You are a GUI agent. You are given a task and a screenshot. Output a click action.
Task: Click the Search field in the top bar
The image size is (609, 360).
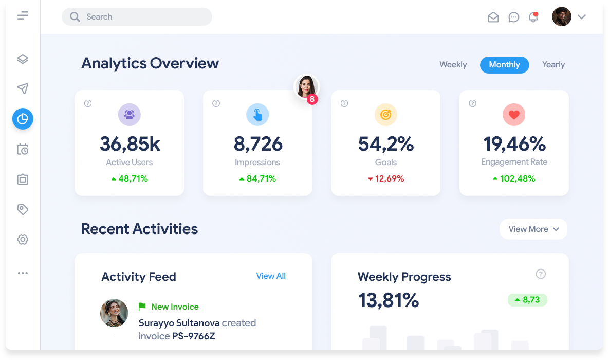137,17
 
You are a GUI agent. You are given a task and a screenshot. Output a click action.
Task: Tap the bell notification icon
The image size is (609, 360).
533,17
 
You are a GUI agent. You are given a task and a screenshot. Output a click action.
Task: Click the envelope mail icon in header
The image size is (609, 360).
493,17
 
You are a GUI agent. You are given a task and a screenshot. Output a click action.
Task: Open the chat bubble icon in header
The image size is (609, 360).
513,17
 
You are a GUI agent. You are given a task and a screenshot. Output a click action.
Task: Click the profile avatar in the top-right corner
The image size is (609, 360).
562,16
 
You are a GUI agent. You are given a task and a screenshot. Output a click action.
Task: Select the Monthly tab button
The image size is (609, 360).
504,65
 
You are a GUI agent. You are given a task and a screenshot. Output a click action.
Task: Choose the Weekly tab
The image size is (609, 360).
453,65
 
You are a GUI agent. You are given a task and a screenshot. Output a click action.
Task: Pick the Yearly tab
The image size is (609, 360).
553,65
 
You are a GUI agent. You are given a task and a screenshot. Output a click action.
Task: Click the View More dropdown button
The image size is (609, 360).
533,229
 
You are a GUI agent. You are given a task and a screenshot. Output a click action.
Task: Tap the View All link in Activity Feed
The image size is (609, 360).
271,276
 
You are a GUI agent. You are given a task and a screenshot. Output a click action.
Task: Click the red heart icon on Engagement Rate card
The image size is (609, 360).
514,115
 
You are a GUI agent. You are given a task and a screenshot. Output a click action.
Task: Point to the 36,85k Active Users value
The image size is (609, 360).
130,144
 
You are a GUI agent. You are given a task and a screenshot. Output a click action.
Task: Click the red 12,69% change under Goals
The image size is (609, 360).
386,179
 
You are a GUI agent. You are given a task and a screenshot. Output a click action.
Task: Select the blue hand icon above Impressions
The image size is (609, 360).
257,115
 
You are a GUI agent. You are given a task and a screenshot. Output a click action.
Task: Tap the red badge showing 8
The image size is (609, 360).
312,99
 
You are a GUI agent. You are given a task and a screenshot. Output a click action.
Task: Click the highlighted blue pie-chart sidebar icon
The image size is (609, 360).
23,119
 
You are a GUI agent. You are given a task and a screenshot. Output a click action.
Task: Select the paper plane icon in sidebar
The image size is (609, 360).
23,89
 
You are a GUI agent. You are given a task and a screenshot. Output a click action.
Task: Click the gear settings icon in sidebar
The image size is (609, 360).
23,239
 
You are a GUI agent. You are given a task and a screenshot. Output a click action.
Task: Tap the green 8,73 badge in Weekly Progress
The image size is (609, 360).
527,300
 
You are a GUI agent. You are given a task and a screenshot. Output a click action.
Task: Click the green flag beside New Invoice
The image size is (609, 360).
142,307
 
